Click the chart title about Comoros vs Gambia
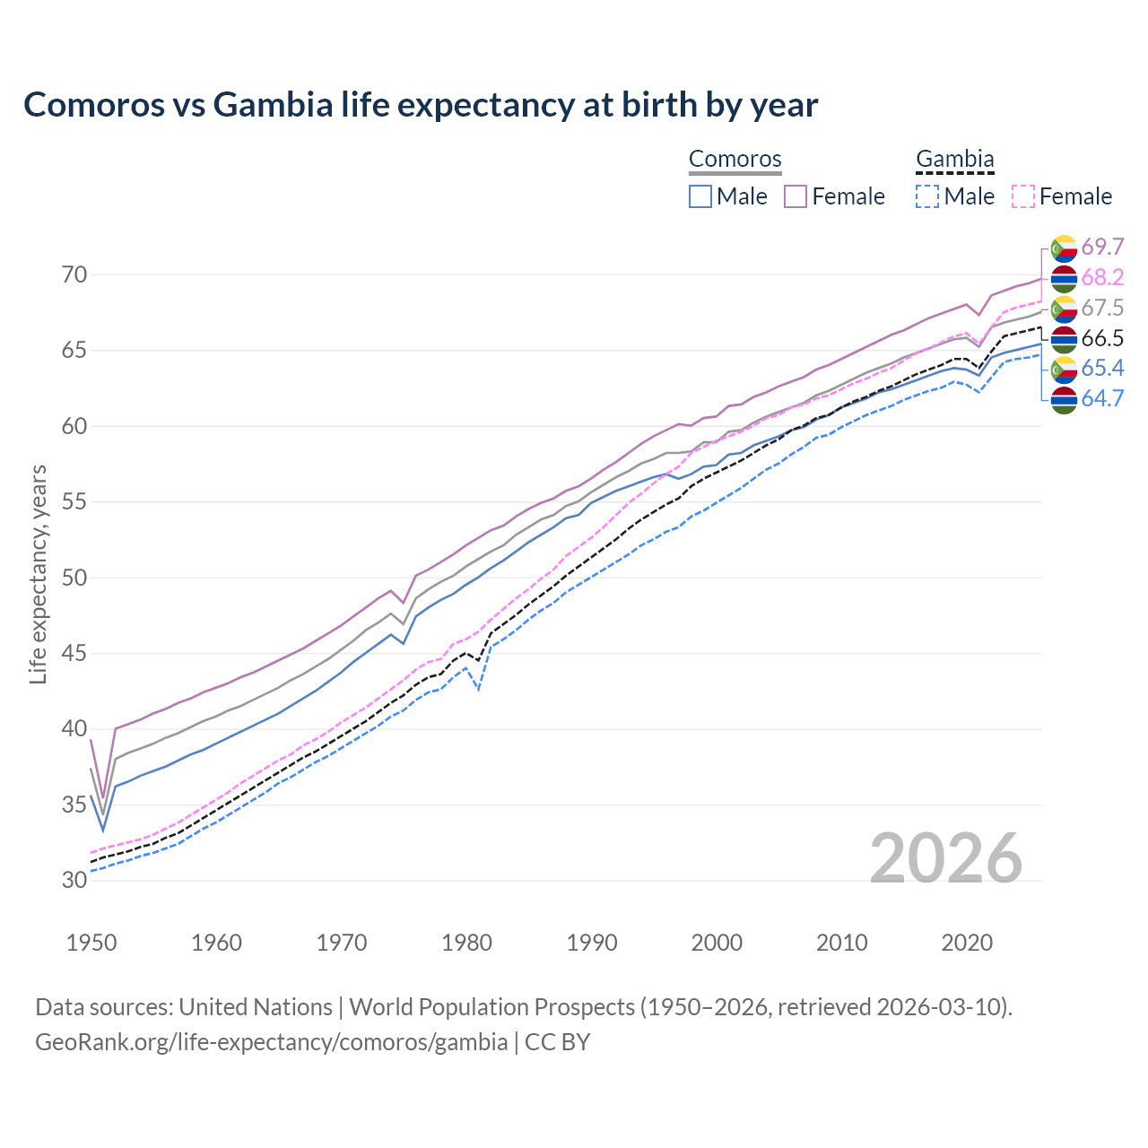(421, 105)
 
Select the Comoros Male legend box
(700, 196)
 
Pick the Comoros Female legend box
(796, 196)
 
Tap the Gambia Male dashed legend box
(927, 196)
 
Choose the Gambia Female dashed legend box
(1022, 196)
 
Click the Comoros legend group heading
(735, 159)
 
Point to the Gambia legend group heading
(954, 159)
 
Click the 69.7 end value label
(1102, 247)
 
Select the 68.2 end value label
(1102, 278)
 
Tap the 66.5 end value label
(1102, 339)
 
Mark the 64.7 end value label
(1102, 399)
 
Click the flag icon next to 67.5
(1064, 309)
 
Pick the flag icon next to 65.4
(1064, 369)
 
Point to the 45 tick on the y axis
(75, 653)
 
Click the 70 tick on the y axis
(75, 274)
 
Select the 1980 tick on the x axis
(466, 943)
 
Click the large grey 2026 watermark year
(946, 858)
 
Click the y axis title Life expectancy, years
(39, 574)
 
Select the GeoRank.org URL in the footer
(271, 1042)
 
